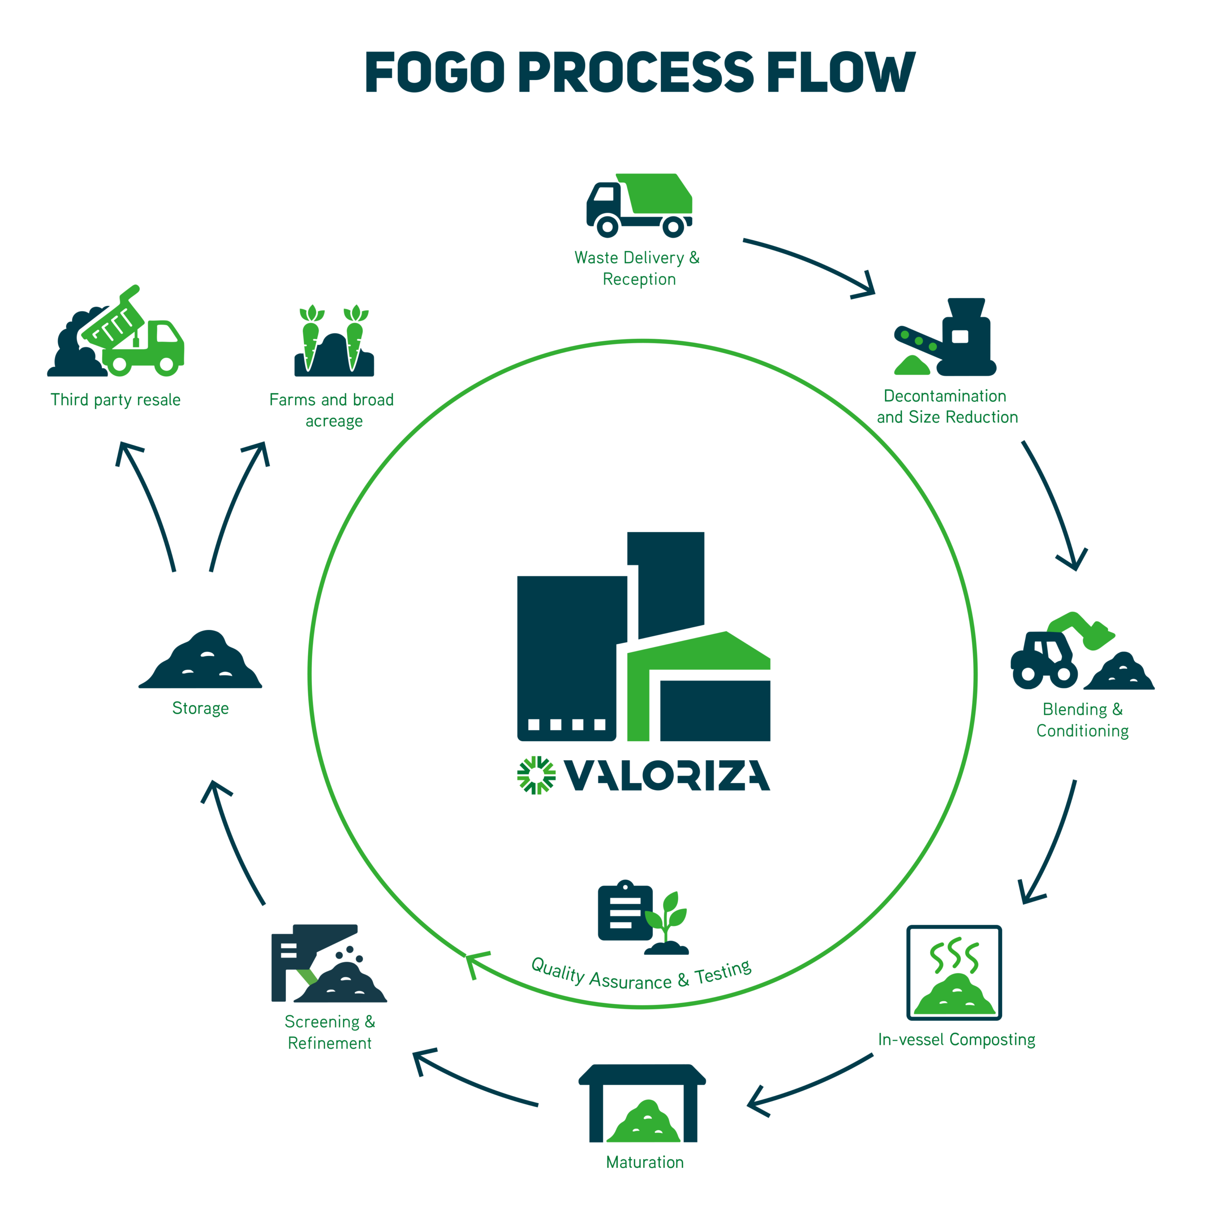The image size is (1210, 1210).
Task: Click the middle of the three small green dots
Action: [919, 341]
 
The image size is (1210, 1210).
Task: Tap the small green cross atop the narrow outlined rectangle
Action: [532, 767]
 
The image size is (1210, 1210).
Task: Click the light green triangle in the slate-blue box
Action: [307, 980]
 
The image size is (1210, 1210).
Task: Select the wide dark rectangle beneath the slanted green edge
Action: [814, 710]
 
